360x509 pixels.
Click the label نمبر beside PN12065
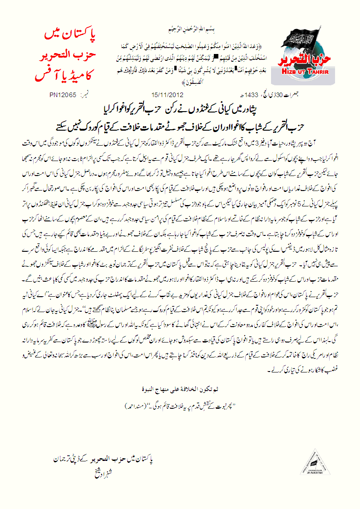pyautogui.click(x=84, y=96)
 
